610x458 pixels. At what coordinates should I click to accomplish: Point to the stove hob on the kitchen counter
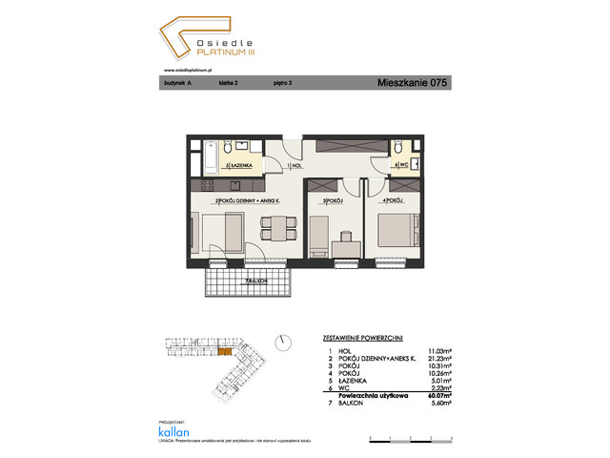[209, 183]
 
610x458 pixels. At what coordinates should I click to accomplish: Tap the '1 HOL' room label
[295, 166]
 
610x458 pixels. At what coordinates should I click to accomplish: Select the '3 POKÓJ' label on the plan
[332, 200]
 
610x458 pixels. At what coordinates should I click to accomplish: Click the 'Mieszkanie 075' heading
[412, 84]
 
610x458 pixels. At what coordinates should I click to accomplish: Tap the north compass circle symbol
[283, 342]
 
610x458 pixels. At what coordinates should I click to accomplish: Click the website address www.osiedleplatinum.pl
[187, 69]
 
